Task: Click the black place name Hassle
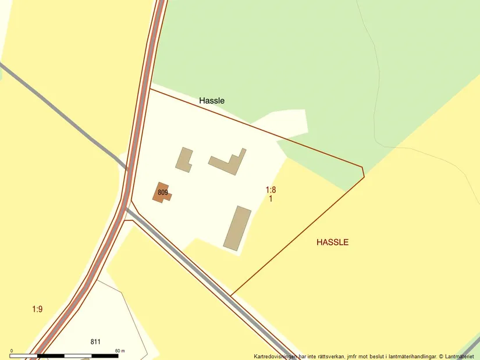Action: click(212, 101)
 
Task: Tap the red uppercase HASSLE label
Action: click(333, 242)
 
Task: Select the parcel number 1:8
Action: click(271, 190)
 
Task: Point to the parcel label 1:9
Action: click(37, 309)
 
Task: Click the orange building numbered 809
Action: click(162, 193)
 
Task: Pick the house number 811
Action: click(96, 341)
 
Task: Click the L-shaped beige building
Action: click(229, 162)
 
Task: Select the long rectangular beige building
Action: click(237, 228)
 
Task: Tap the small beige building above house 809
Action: click(184, 160)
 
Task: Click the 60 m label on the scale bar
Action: click(120, 351)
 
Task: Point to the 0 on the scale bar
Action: click(12, 351)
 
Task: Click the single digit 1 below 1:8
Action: click(271, 198)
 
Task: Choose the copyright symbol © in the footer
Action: click(442, 356)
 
